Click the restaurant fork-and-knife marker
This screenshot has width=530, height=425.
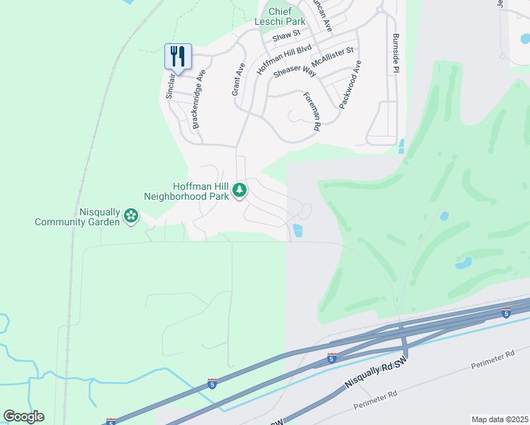(x=178, y=56)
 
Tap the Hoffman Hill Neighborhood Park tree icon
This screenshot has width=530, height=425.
(x=240, y=190)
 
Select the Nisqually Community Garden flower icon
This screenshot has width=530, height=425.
(x=130, y=215)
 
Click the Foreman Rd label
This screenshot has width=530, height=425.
(x=312, y=111)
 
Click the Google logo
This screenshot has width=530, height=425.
(x=23, y=416)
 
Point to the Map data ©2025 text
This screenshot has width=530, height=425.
(x=500, y=419)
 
